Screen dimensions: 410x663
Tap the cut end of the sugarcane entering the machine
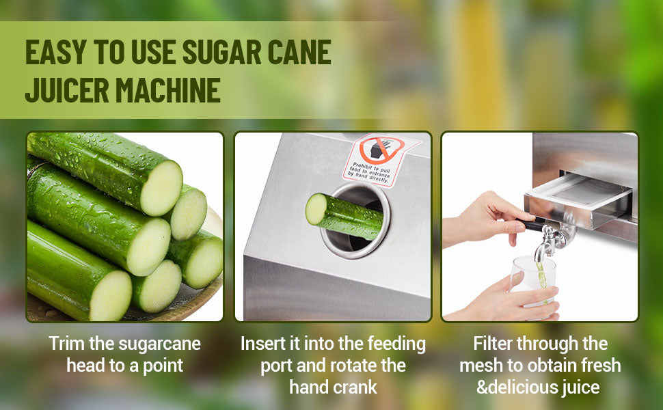(315, 208)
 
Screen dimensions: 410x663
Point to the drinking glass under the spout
(532, 280)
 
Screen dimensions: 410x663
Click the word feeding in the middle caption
(396, 343)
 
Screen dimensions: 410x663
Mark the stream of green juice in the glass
(541, 277)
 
